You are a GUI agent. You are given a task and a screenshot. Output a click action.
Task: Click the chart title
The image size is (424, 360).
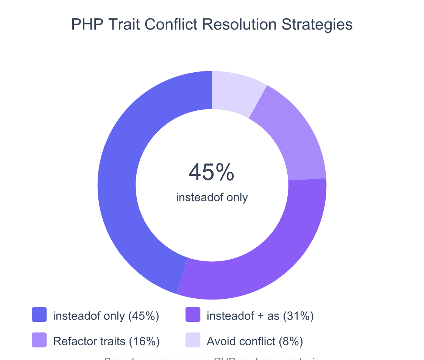pyautogui.click(x=212, y=25)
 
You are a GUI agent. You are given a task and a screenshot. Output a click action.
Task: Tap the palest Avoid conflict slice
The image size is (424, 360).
pyautogui.click(x=235, y=93)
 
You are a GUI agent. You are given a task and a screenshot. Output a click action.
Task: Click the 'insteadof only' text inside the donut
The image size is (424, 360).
pyautogui.click(x=212, y=197)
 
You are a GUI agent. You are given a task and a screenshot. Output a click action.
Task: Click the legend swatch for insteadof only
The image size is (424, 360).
pyautogui.click(x=39, y=315)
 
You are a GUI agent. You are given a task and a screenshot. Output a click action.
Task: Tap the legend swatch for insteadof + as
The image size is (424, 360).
pyautogui.click(x=193, y=315)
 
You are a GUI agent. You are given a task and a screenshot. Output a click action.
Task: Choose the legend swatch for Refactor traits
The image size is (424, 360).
pyautogui.click(x=39, y=340)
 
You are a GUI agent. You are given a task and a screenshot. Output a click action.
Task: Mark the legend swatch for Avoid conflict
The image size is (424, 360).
pyautogui.click(x=193, y=340)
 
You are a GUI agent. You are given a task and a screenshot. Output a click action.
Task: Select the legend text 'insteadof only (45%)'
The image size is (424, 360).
pyautogui.click(x=106, y=316)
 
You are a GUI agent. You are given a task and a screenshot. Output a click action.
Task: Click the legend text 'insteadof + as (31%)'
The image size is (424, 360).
pyautogui.click(x=260, y=316)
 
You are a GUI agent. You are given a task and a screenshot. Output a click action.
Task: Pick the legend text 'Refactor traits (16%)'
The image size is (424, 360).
pyautogui.click(x=106, y=341)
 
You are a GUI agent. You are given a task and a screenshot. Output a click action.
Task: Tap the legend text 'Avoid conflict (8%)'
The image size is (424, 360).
pyautogui.click(x=255, y=341)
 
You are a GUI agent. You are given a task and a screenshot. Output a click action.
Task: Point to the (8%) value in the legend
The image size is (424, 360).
pyautogui.click(x=291, y=341)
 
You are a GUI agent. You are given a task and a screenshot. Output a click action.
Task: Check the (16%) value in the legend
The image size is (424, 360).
pyautogui.click(x=144, y=341)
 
